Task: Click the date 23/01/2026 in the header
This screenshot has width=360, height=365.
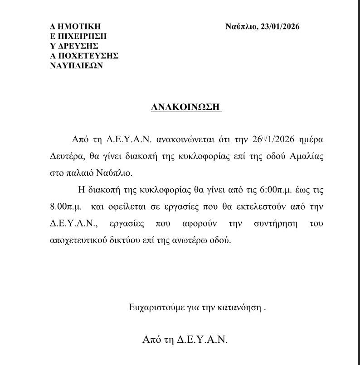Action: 279,27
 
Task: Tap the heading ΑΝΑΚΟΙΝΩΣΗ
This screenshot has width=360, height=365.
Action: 186,108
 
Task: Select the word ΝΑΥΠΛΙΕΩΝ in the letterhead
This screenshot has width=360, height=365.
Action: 77,65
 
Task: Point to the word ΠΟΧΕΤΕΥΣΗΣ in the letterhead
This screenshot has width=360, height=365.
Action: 88,56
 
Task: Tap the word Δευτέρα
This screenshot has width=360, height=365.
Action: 67,156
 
